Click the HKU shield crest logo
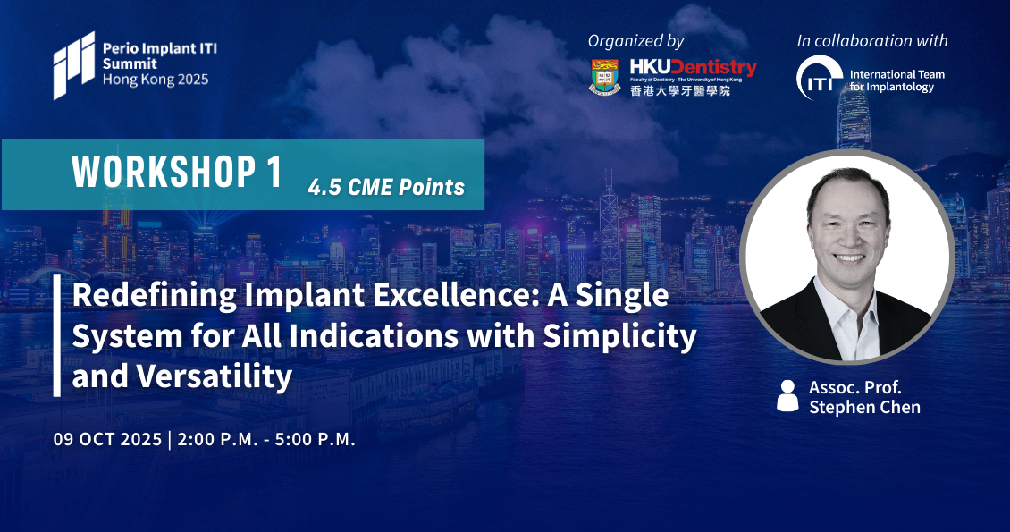[605, 77]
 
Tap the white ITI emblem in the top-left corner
[74, 65]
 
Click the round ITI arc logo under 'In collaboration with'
[819, 78]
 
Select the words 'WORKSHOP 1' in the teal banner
[177, 172]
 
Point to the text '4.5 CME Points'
[386, 187]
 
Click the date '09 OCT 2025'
[107, 439]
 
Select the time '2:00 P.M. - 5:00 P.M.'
[266, 439]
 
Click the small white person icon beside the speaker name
[787, 395]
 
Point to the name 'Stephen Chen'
[864, 407]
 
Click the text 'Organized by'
[635, 41]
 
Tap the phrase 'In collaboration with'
[872, 40]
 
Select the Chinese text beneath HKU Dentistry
[679, 90]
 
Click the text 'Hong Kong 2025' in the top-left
[156, 80]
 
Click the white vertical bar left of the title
[56, 336]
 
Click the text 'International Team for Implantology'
[896, 80]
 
